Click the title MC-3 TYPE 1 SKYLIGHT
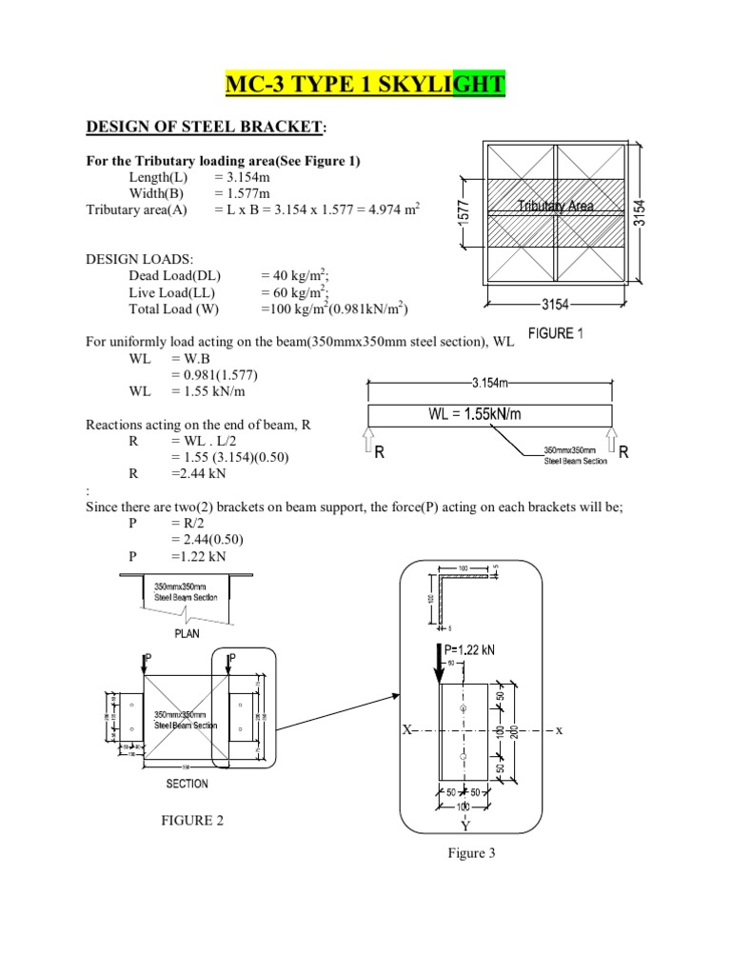click(365, 87)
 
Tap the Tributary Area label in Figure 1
click(557, 206)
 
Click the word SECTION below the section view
click(188, 784)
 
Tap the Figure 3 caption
click(471, 853)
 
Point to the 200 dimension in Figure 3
click(515, 731)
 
